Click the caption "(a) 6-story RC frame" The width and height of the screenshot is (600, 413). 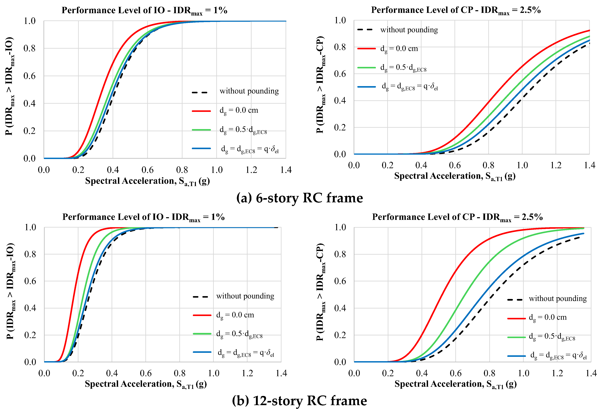coord(299,198)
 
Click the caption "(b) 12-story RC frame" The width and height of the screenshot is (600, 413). coord(299,401)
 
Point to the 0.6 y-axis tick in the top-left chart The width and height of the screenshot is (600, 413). coord(29,76)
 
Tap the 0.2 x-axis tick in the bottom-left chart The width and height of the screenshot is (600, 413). coord(78,373)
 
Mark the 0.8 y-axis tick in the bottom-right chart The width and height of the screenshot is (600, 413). coord(340,254)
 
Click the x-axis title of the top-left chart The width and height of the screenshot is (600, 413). coord(147,181)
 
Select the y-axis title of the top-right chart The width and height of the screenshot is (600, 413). coord(320,85)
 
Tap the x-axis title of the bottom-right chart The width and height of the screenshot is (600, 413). coord(455,384)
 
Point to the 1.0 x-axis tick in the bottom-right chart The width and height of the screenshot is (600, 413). coord(523,373)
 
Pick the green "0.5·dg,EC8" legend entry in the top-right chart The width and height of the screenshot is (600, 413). coord(403,68)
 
